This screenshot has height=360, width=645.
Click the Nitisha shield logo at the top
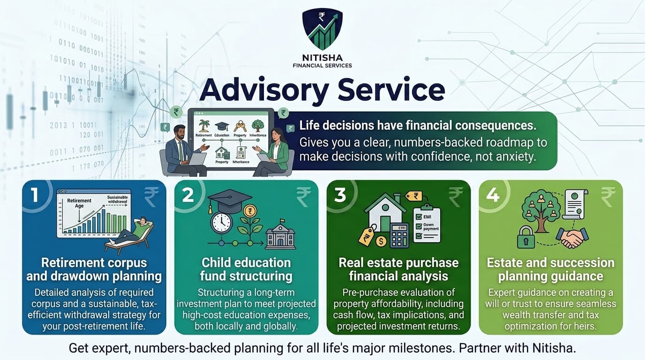pyautogui.click(x=322, y=29)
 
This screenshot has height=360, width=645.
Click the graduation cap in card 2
pyautogui.click(x=224, y=200)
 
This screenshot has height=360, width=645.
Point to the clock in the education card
pyautogui.click(x=222, y=223)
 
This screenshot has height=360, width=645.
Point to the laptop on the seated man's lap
pyautogui.click(x=197, y=159)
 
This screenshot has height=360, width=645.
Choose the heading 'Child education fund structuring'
pyautogui.click(x=246, y=269)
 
